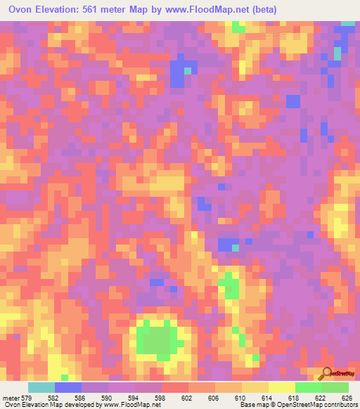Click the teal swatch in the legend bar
[x=41, y=387]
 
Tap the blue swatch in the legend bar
[x=68, y=387]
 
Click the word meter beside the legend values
[x=10, y=397]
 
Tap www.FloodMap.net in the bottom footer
[x=129, y=405]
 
